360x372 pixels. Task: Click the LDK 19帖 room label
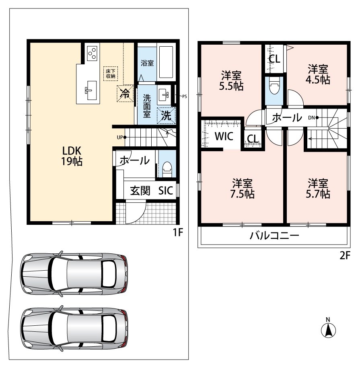[72, 156]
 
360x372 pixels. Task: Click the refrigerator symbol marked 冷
[125, 93]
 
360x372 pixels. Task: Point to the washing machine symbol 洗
[167, 115]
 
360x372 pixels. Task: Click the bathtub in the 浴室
[167, 62]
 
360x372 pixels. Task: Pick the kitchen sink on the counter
[91, 90]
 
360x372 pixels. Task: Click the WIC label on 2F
[224, 136]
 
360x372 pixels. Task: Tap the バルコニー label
[274, 236]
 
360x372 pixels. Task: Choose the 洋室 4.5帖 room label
[318, 74]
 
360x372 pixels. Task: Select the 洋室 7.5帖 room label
[242, 188]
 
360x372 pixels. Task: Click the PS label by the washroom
[184, 97]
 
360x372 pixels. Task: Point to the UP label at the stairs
[120, 138]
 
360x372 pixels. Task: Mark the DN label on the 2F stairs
[311, 117]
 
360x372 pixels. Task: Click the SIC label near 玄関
[166, 191]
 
